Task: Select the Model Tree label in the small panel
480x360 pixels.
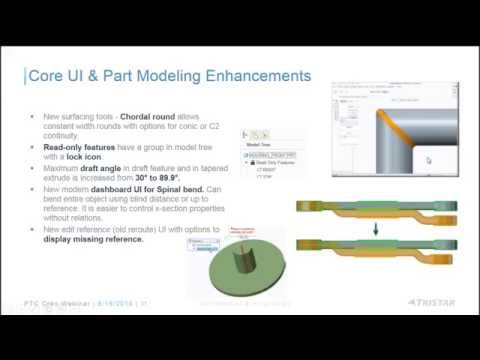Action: pyautogui.click(x=261, y=143)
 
